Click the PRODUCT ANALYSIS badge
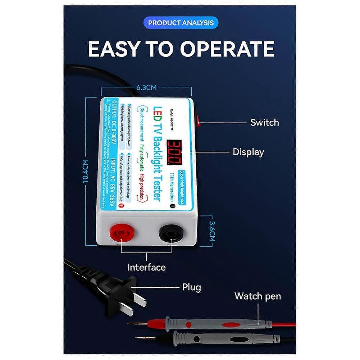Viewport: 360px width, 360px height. click(x=181, y=23)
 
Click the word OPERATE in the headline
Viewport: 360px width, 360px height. click(x=227, y=49)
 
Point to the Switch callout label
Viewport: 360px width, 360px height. click(x=264, y=123)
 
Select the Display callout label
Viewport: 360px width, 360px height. click(x=248, y=152)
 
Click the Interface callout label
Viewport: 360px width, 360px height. click(x=147, y=267)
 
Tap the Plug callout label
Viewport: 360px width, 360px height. click(x=191, y=287)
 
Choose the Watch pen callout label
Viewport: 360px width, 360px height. click(x=258, y=296)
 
